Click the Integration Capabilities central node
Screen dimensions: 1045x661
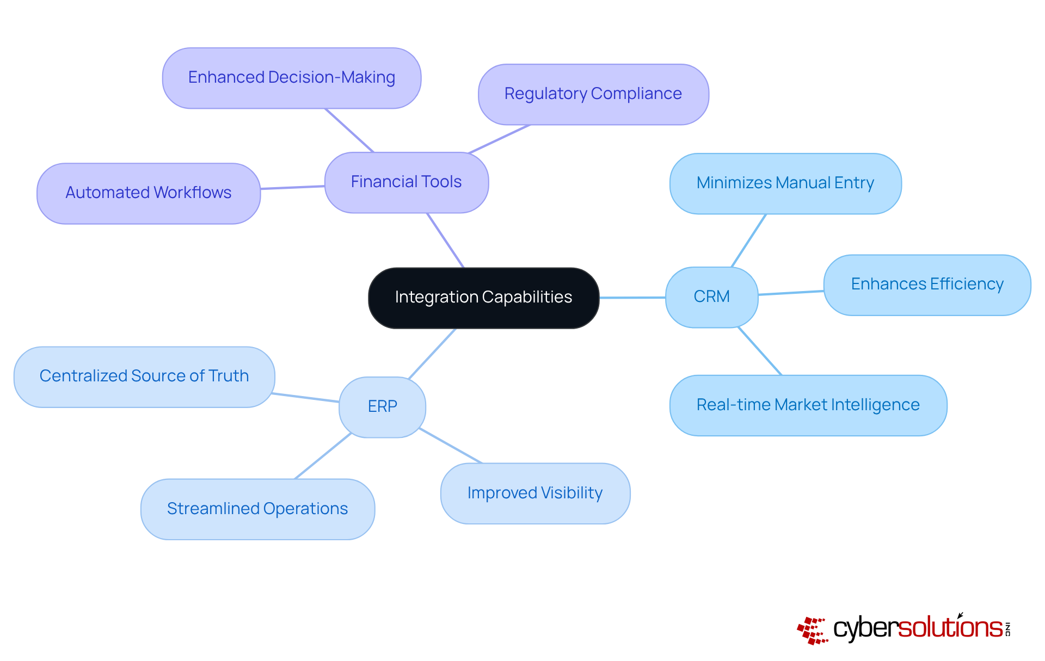coord(483,298)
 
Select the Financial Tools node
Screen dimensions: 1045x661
coord(406,182)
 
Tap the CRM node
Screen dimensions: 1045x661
coord(711,297)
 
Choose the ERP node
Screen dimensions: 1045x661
coord(382,407)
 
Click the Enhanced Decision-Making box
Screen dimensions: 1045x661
coord(291,78)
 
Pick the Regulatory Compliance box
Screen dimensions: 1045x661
coord(593,94)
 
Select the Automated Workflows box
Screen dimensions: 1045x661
coord(148,193)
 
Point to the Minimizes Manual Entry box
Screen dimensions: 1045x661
coord(785,183)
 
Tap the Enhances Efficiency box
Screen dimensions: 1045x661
coord(927,285)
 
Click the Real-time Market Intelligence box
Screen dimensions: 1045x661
coord(808,405)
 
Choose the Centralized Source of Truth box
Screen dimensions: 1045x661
coord(144,376)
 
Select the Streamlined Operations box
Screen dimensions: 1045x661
coord(257,509)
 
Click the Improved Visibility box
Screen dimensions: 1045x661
coord(534,493)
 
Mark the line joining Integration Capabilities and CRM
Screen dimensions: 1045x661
coord(632,298)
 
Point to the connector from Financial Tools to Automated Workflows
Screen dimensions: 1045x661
coord(292,188)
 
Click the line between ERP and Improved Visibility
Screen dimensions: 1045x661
coord(451,446)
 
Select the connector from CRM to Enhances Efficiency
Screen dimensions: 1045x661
coord(791,293)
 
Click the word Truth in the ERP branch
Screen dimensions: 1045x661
coord(229,376)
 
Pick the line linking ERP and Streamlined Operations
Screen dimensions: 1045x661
coord(323,456)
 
